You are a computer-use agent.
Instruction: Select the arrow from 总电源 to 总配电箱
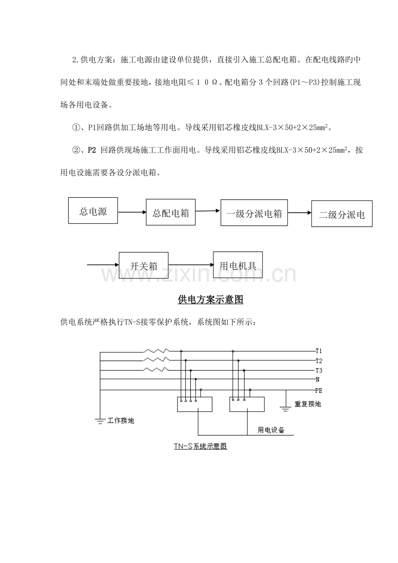(x=132, y=212)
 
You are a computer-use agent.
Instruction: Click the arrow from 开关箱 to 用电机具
(x=191, y=265)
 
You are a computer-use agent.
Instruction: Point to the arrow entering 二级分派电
(x=300, y=213)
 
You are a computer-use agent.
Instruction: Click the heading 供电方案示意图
(x=210, y=300)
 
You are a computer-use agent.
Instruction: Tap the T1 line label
(x=319, y=351)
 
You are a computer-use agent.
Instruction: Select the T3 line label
(x=319, y=371)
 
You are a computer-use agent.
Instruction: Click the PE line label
(x=318, y=390)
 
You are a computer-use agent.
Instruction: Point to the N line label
(x=317, y=380)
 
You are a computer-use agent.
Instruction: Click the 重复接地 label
(x=308, y=404)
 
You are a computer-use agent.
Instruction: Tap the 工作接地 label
(x=121, y=420)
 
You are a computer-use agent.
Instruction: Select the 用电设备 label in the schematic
(x=271, y=430)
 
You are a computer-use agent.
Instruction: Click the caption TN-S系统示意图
(x=201, y=446)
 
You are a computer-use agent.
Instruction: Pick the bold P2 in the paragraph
(x=92, y=150)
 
